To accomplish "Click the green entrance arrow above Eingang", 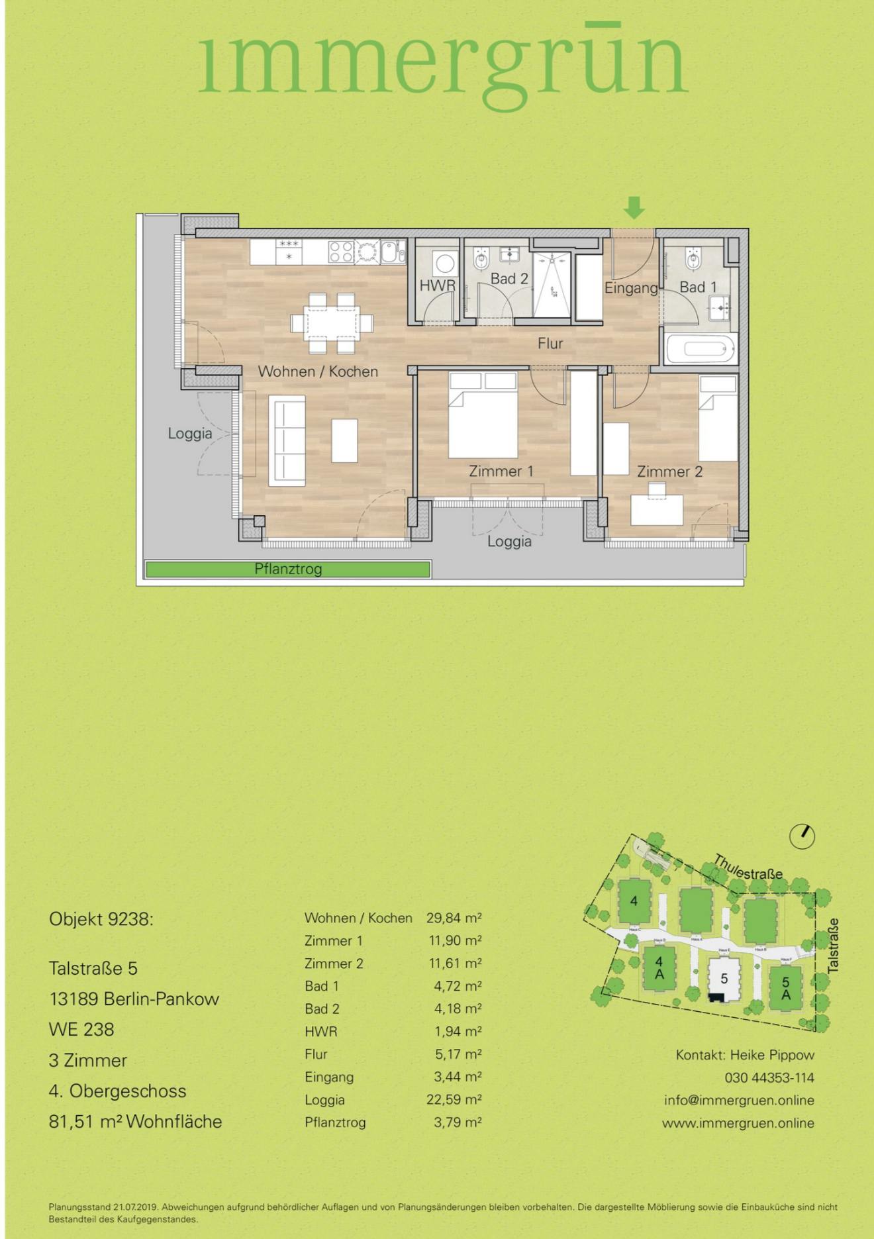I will (x=634, y=207).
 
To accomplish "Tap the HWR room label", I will (x=437, y=286).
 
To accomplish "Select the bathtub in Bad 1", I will (x=701, y=349).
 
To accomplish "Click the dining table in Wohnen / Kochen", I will (x=331, y=324).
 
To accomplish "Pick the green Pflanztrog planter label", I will (x=288, y=569).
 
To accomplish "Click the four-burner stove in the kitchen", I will (x=342, y=252).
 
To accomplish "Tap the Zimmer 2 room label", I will (x=669, y=471).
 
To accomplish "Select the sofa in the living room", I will (x=287, y=440).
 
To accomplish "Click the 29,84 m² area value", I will (x=454, y=918).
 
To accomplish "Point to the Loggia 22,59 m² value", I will (x=454, y=1099).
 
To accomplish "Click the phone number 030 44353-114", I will (x=769, y=1077).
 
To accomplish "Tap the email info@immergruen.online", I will (x=739, y=1100).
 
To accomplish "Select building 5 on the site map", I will (x=724, y=979).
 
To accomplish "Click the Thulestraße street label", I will (x=748, y=867).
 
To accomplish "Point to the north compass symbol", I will (x=802, y=836).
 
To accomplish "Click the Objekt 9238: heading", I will (x=101, y=919).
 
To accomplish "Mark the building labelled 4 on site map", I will (x=634, y=901).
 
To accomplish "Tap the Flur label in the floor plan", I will (x=550, y=343).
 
